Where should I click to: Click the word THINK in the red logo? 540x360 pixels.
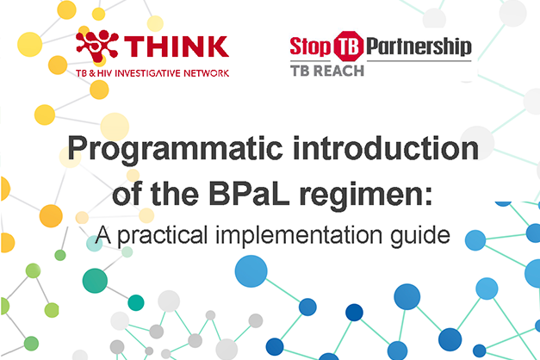click(177, 47)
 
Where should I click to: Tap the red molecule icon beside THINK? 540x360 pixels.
click(97, 46)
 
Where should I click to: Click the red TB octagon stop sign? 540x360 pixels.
click(349, 47)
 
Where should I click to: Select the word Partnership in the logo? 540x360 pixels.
click(419, 47)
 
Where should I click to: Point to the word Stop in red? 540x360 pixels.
click(310, 47)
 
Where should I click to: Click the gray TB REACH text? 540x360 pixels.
click(327, 71)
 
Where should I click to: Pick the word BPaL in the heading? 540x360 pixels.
click(249, 194)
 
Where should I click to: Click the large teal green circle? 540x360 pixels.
click(95, 281)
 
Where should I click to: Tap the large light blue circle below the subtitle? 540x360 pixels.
click(251, 271)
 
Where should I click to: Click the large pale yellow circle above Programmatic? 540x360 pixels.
click(115, 127)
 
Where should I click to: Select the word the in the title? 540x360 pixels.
click(175, 194)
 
